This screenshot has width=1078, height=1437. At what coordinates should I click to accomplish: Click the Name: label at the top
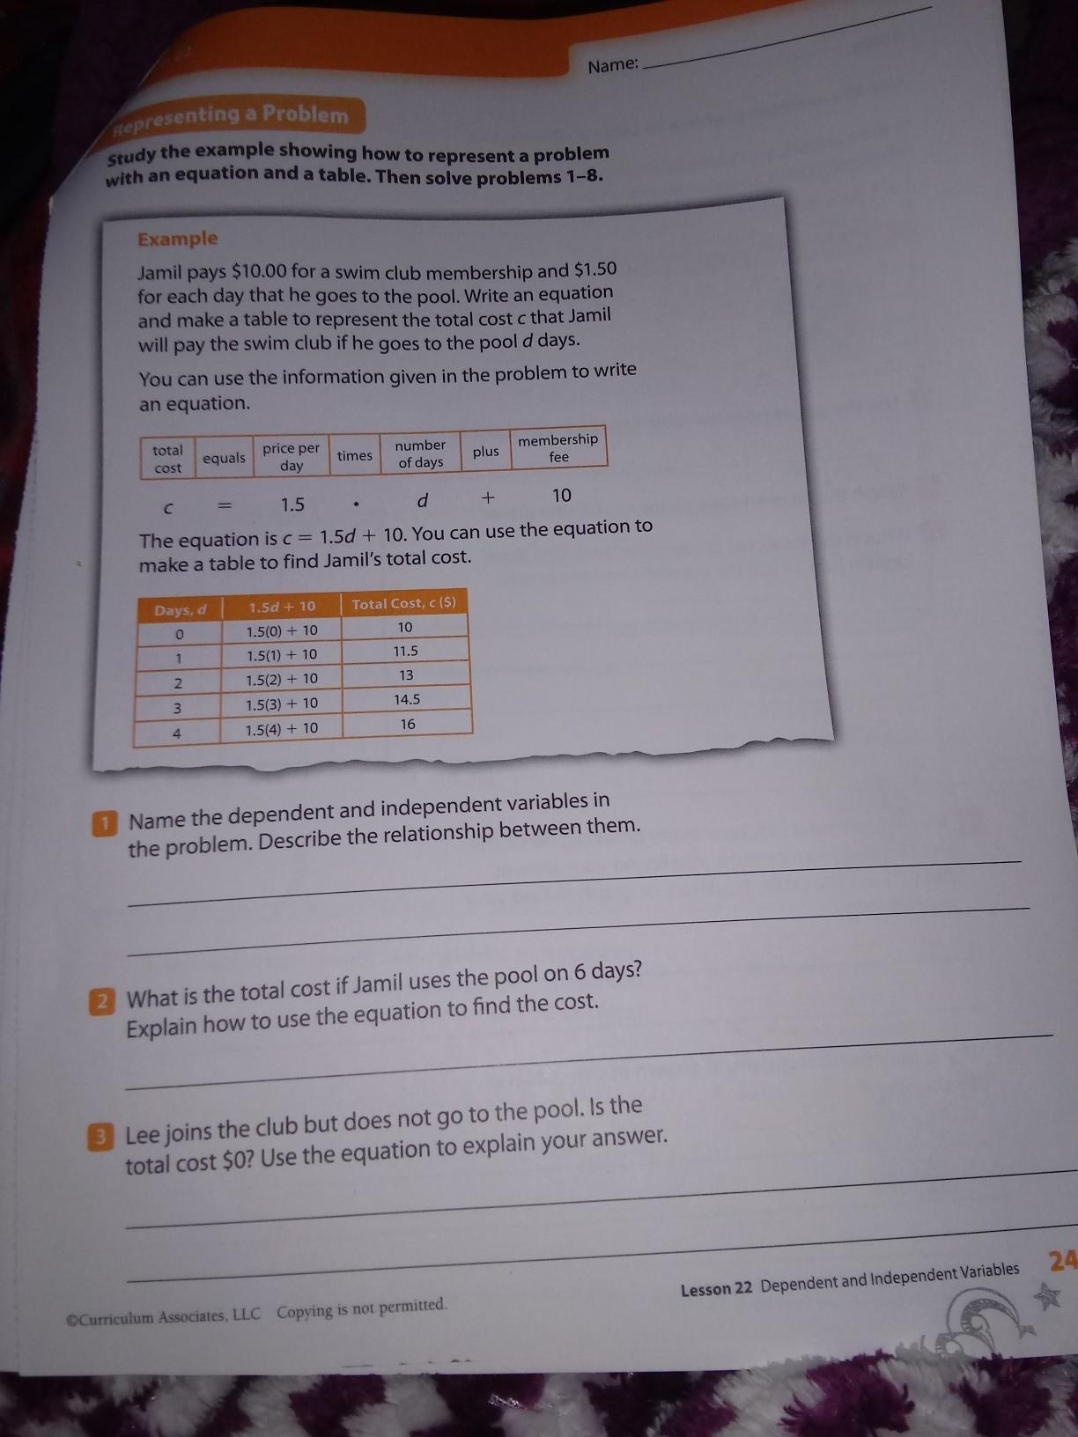pyautogui.click(x=613, y=65)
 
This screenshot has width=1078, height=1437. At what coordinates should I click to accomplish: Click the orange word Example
pyautogui.click(x=177, y=239)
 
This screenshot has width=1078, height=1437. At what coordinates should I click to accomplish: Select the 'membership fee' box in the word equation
pyautogui.click(x=558, y=448)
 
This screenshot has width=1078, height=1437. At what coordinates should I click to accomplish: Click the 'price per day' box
pyautogui.click(x=292, y=456)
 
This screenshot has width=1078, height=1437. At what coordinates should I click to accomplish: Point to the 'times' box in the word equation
pyautogui.click(x=355, y=455)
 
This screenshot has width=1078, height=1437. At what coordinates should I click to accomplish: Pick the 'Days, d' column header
pyautogui.click(x=180, y=610)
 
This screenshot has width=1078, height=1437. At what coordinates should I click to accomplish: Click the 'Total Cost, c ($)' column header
pyautogui.click(x=404, y=604)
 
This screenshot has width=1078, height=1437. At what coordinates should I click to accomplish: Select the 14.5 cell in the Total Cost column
pyautogui.click(x=407, y=699)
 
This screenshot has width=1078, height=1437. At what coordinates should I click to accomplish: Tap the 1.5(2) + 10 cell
pyautogui.click(x=282, y=680)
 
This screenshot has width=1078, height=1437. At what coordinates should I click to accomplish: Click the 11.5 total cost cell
pyautogui.click(x=405, y=651)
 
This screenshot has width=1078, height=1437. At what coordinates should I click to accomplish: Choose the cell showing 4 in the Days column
pyautogui.click(x=177, y=733)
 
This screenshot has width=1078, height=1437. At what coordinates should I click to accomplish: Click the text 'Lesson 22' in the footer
pyautogui.click(x=716, y=1289)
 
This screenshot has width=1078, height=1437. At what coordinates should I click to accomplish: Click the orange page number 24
pyautogui.click(x=1064, y=1260)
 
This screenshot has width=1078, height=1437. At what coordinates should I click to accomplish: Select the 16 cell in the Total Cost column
pyautogui.click(x=408, y=724)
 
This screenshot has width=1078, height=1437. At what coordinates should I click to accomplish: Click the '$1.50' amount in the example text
pyautogui.click(x=595, y=269)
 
